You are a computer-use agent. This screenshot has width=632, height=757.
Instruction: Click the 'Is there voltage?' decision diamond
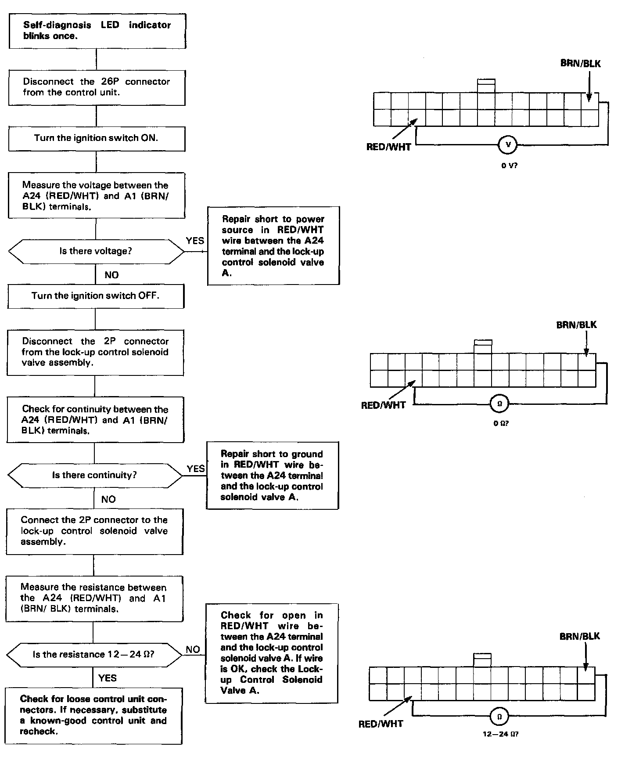pyautogui.click(x=96, y=252)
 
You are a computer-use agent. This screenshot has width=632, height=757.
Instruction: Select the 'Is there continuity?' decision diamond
pyautogui.click(x=95, y=475)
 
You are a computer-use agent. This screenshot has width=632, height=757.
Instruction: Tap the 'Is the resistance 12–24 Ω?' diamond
pyautogui.click(x=93, y=655)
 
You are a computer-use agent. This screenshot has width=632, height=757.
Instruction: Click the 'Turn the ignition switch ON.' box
pyautogui.click(x=97, y=138)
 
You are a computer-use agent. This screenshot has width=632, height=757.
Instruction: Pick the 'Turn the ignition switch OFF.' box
pyautogui.click(x=96, y=296)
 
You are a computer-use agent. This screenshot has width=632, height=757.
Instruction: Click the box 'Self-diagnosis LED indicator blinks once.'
pyautogui.click(x=97, y=31)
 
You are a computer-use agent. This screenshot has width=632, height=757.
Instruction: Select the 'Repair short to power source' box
pyautogui.click(x=273, y=245)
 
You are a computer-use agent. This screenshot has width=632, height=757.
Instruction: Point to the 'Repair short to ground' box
pyautogui.click(x=272, y=476)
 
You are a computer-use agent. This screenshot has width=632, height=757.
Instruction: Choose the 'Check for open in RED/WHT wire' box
pyautogui.click(x=271, y=652)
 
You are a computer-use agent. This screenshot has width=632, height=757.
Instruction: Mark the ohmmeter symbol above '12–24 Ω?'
pyautogui.click(x=499, y=717)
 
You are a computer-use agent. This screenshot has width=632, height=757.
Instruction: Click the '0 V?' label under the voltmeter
pyautogui.click(x=509, y=166)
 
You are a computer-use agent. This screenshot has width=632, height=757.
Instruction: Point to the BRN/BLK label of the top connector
pyautogui.click(x=580, y=64)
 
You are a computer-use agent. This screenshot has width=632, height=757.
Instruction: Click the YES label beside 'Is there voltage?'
pyautogui.click(x=195, y=241)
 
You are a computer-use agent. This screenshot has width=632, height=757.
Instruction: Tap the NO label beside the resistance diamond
pyautogui.click(x=193, y=649)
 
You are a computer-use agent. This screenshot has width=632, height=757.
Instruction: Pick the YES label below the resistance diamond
pyautogui.click(x=108, y=678)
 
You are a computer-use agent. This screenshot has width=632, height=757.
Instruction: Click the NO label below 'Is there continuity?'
pyautogui.click(x=108, y=499)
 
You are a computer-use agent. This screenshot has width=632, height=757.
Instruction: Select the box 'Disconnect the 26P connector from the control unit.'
pyautogui.click(x=97, y=87)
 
